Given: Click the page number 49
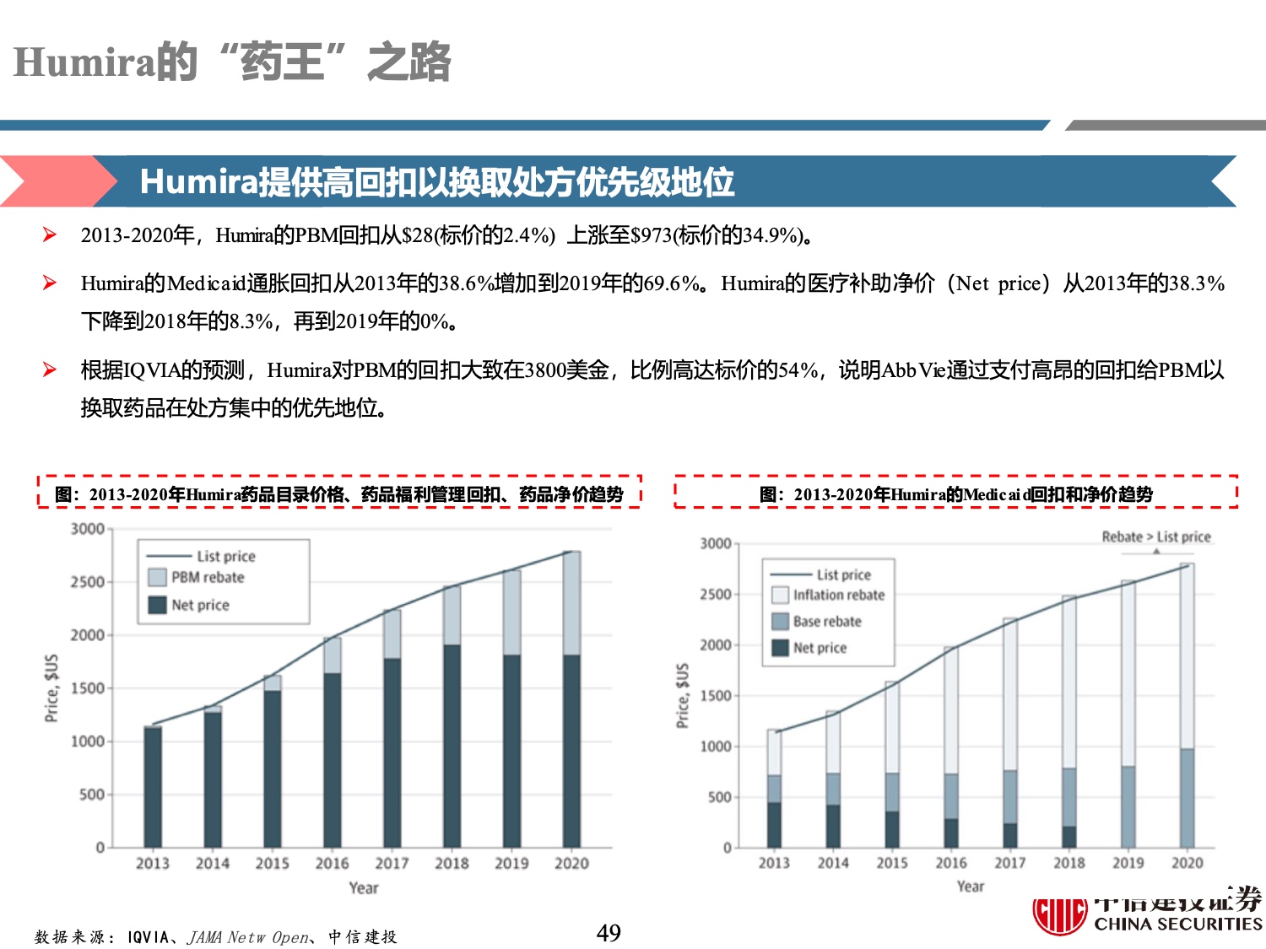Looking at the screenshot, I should point(609,932).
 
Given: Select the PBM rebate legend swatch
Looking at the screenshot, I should point(157,578).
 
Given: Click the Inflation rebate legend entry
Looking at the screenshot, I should point(838,595).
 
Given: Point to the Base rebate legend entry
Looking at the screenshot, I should point(826,622).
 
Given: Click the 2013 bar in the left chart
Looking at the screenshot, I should point(153,786).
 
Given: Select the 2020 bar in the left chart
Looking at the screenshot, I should point(571,700).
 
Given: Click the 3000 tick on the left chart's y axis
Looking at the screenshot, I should point(87,529).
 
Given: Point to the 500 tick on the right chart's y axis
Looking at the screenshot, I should point(718,797).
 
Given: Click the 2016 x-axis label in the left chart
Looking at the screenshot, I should point(332,864).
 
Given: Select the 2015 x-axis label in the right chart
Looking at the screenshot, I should point(892,863).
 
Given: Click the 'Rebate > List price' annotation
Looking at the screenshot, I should point(1155,537).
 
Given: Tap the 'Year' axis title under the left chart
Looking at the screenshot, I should point(364,888).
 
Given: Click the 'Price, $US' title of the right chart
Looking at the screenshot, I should point(683,696).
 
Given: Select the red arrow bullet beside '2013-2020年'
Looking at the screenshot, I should point(50,235).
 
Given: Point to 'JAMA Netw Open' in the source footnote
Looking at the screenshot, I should point(248,937).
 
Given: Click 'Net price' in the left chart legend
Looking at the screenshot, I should point(200,605).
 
